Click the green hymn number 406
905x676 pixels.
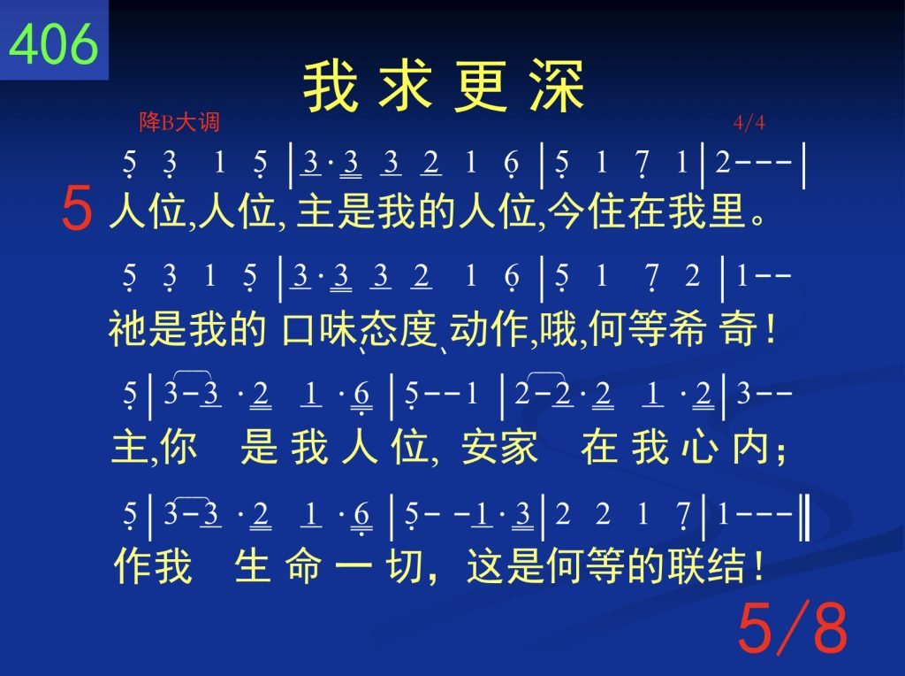click(x=54, y=43)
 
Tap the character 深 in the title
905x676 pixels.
click(x=558, y=86)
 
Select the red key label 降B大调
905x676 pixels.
click(x=179, y=122)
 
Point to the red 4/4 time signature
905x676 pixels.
click(x=749, y=122)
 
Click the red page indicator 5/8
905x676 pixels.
click(x=793, y=627)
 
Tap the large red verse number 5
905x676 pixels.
click(x=77, y=208)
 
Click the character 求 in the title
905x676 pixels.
click(x=406, y=86)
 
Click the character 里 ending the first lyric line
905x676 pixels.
click(x=728, y=211)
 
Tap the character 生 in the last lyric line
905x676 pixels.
click(x=253, y=565)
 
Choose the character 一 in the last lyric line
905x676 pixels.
click(x=354, y=565)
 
